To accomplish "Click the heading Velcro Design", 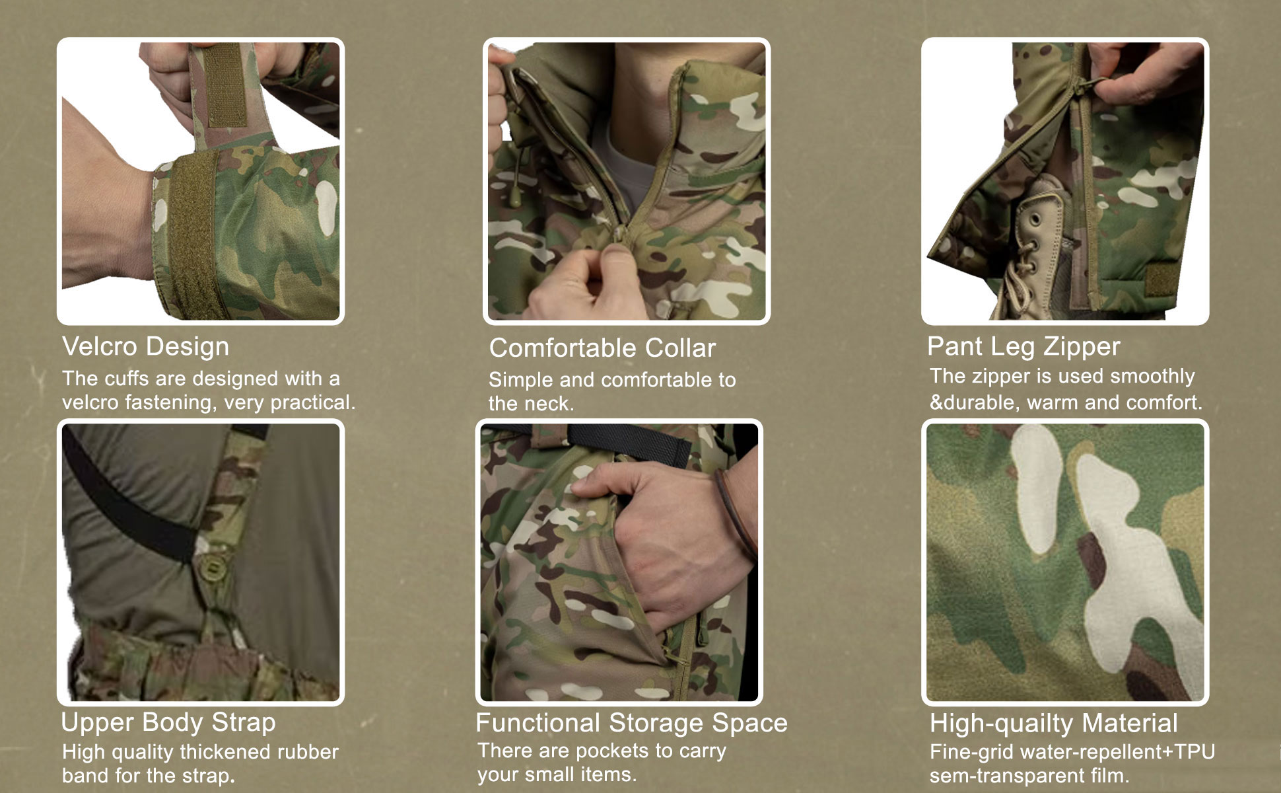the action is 146,347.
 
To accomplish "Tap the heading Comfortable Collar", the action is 602,348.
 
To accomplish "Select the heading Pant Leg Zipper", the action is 1023,347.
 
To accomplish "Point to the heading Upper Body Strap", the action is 168,722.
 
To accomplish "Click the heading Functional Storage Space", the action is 632,723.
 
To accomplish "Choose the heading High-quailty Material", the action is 1054,724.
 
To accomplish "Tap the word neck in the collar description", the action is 551,404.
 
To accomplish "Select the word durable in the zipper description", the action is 982,402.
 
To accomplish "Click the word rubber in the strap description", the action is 308,752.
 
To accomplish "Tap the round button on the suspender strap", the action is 213,566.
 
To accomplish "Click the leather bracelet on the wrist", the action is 734,515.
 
